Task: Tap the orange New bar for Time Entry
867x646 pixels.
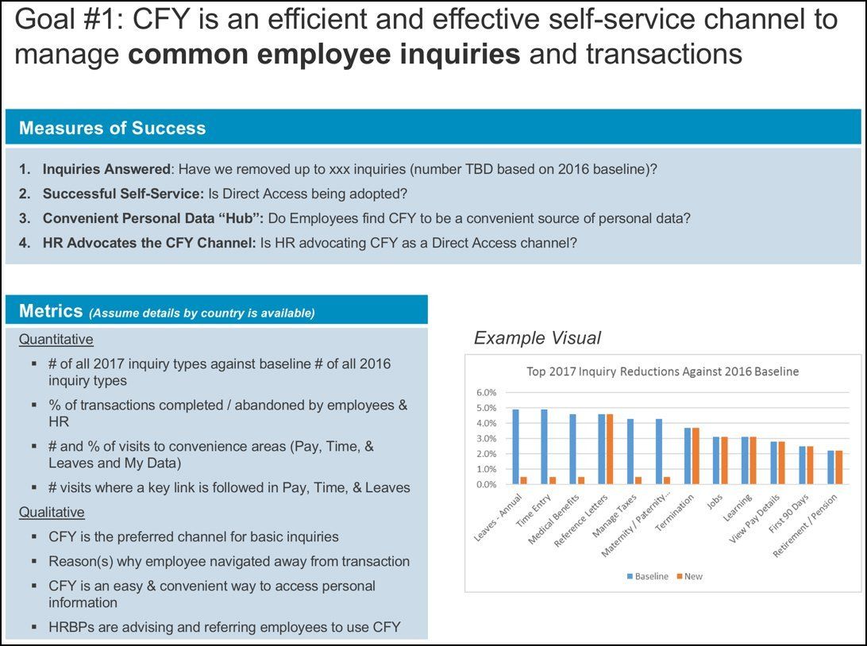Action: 552,480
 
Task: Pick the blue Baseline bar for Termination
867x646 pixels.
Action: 688,456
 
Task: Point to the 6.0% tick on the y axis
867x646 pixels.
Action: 486,393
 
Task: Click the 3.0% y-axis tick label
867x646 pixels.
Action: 486,439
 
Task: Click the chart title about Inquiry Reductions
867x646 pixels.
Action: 662,371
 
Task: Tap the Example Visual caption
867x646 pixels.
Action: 537,338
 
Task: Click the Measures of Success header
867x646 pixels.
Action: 112,129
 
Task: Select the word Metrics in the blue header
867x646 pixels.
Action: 51,311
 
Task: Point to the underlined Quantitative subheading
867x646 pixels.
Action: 56,340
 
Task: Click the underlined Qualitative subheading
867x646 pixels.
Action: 52,512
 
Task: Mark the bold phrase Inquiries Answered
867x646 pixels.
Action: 106,169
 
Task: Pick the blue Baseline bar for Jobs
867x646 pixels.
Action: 716,460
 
